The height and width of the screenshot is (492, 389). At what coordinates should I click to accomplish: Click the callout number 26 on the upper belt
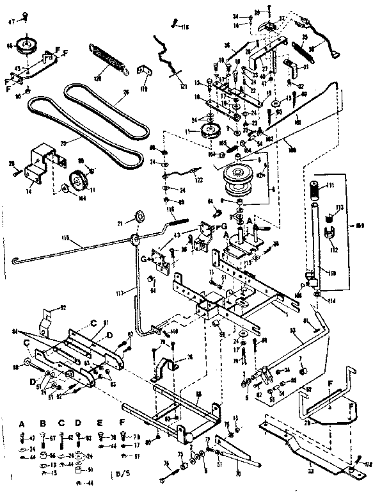pyautogui.click(x=125, y=92)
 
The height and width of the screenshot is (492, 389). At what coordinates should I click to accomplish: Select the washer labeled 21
pyautogui.click(x=138, y=215)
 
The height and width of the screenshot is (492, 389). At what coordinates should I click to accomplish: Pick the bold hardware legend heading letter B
pyautogui.click(x=43, y=423)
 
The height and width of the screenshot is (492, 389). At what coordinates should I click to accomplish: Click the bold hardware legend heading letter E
pyautogui.click(x=100, y=424)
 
